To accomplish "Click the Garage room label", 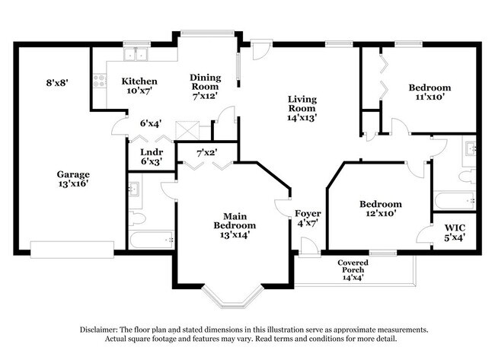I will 75,179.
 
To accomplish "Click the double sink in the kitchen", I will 137,54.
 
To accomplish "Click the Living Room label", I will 302,108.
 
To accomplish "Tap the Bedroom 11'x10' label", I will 429,92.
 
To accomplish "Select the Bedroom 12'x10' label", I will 380,209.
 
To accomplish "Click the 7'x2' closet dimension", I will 206,152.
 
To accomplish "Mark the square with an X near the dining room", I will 186,129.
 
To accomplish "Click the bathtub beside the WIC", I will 454,201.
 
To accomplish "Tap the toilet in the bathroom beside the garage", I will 138,219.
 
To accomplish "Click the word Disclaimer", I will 102,330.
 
